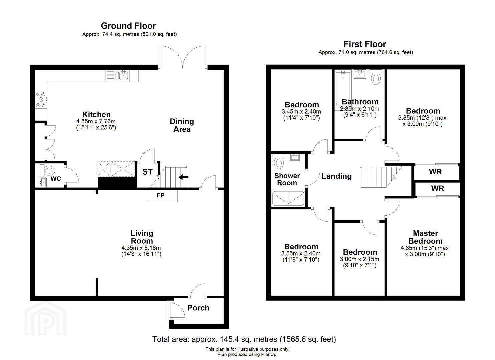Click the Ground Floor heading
(128, 26)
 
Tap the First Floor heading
(365, 44)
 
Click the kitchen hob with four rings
(41, 100)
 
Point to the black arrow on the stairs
(183, 177)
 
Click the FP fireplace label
(161, 195)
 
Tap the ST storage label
(147, 172)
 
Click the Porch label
(198, 308)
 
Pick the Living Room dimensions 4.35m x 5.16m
(141, 248)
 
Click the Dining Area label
(182, 125)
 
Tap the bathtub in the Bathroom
(343, 91)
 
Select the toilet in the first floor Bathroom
(376, 77)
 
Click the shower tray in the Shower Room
(288, 198)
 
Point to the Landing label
(337, 176)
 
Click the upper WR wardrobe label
(435, 172)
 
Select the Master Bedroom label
(425, 237)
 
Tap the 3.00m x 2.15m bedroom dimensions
(360, 259)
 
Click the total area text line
(244, 339)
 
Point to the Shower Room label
(287, 179)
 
